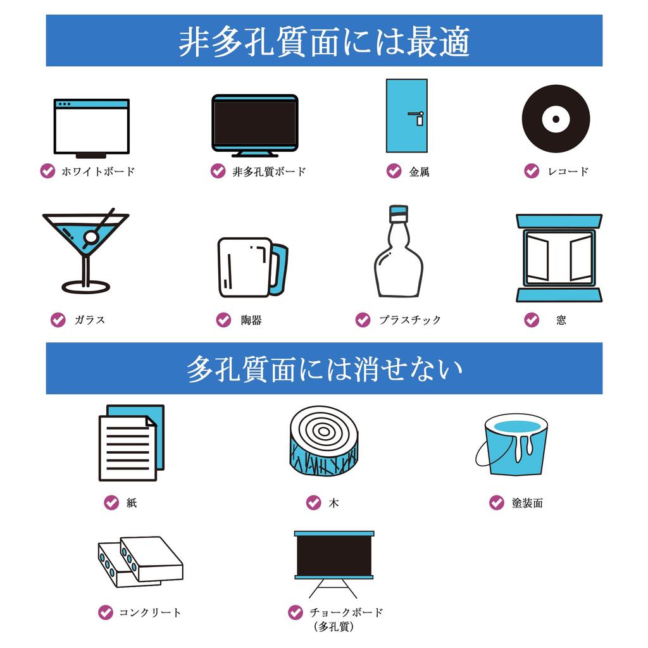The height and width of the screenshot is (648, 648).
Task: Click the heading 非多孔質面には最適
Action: point(324,41)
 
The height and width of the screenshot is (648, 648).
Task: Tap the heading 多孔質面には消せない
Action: point(324,369)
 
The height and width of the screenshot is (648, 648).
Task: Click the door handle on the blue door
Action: point(416,117)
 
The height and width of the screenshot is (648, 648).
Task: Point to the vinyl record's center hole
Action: point(556,119)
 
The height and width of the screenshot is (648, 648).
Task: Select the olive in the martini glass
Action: point(91,237)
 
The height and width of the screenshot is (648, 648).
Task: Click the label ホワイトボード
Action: point(98,171)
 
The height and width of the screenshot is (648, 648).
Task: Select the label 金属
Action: point(419,171)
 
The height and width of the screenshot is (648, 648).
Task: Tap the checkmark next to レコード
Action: point(532,171)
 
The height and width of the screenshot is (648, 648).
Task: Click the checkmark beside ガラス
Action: point(58,320)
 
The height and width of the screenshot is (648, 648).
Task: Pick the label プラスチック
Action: point(410,320)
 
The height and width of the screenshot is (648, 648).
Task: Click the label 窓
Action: point(561,320)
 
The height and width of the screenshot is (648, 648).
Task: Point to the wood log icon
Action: point(323,440)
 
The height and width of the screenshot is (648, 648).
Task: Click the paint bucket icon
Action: point(513,444)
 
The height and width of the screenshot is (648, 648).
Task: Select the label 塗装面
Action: point(527,503)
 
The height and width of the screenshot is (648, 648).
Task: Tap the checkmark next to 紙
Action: point(111,502)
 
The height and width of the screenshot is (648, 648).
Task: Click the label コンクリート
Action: point(150,613)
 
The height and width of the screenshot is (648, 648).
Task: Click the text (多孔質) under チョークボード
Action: point(334,626)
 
